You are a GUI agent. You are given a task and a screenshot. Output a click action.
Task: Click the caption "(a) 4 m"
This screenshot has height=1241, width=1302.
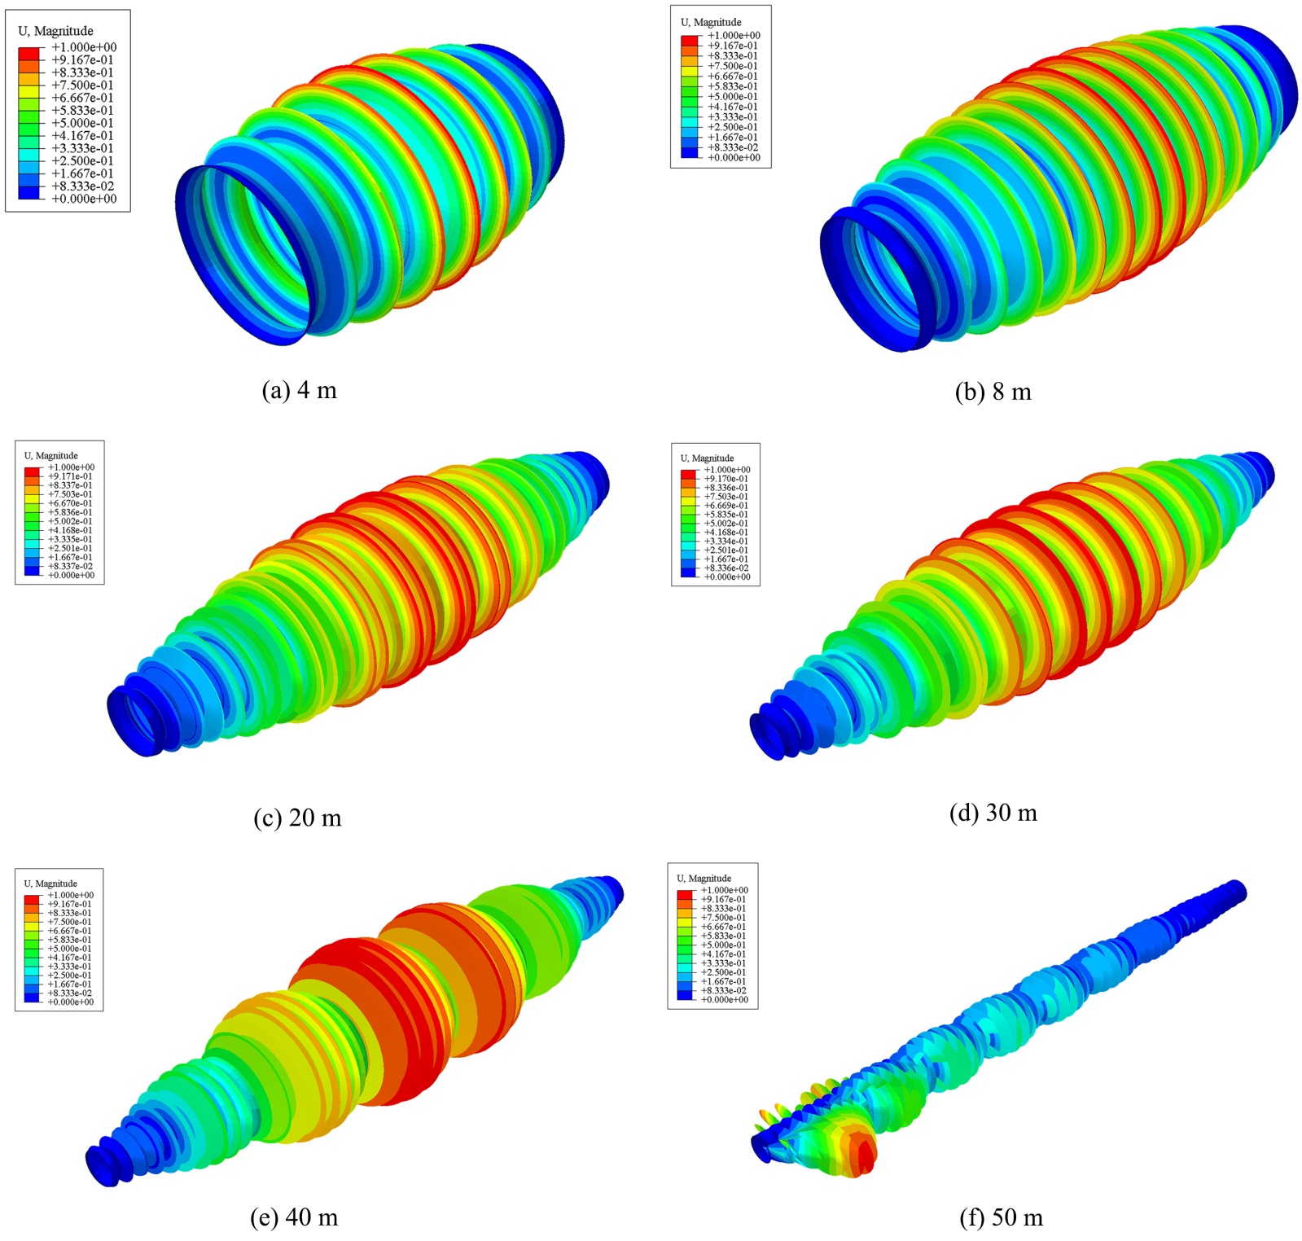[299, 390]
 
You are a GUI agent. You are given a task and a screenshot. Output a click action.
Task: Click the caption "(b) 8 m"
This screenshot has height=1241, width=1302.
[993, 392]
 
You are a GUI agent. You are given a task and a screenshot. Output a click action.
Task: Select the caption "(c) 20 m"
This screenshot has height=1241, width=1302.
[297, 817]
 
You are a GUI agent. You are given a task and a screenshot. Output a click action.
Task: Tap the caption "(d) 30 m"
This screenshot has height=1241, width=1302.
[993, 812]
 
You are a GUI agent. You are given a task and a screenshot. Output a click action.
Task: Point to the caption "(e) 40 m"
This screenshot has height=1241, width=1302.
[293, 1217]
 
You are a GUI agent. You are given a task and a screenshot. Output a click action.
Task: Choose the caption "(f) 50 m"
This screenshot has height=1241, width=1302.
[1001, 1217]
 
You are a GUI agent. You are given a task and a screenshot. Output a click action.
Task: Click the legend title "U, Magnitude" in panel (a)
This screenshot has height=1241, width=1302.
[55, 31]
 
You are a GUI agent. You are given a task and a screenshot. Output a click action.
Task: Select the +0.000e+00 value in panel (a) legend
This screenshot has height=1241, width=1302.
[84, 199]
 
